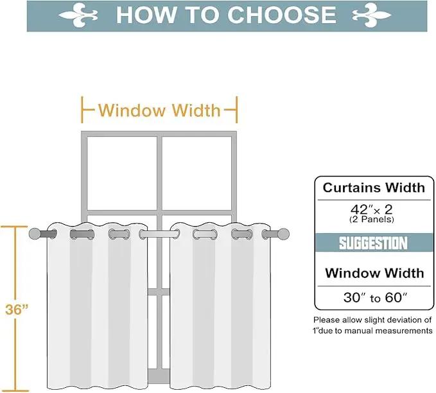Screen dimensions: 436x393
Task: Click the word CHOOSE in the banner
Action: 282,15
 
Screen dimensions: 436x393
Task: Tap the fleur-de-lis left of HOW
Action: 78,15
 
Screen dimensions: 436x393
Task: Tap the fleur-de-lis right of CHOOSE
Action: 372,15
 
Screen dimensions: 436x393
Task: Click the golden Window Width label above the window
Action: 159,110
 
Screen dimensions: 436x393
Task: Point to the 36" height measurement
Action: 17,309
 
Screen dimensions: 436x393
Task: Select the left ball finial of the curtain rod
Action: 35,234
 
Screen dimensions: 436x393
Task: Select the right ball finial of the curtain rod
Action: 283,234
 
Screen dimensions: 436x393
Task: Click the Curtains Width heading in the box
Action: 374,188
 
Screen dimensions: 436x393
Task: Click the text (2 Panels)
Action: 372,220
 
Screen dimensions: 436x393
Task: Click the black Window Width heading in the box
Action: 374,273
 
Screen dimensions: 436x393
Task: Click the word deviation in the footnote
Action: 403,320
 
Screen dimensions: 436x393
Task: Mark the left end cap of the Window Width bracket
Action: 82,110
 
